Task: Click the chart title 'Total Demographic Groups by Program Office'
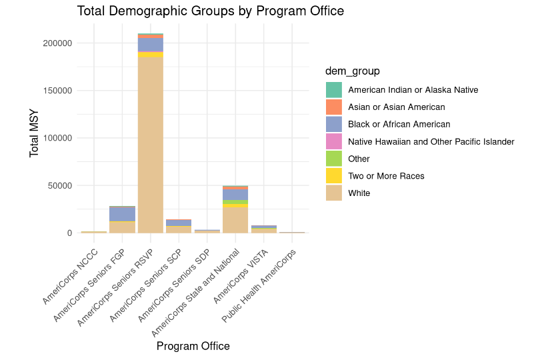click(210, 11)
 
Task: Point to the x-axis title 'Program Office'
click(193, 346)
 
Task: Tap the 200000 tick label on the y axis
click(55, 43)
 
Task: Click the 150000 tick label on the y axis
click(55, 91)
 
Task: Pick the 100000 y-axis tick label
click(55, 138)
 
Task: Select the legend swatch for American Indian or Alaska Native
click(334, 90)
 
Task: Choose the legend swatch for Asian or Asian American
click(334, 107)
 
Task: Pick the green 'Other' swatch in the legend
click(334, 159)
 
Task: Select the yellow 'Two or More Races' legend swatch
click(334, 176)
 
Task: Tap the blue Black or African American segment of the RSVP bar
click(150, 45)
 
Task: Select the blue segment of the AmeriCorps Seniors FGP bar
click(122, 214)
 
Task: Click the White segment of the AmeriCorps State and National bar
click(235, 220)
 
